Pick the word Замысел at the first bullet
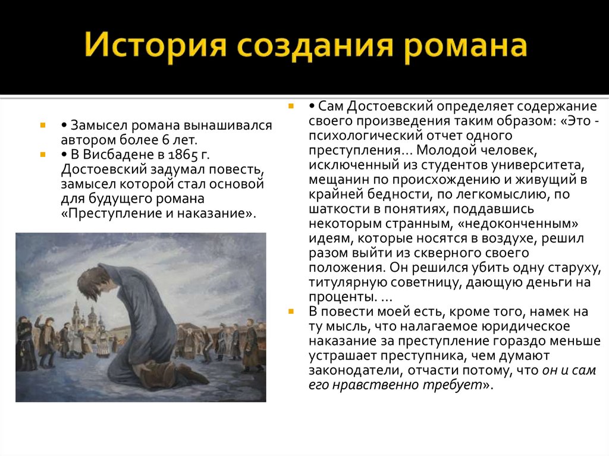click(x=99, y=125)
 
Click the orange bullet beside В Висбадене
click(x=43, y=154)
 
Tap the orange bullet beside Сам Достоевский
click(x=291, y=106)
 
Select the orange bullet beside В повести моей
click(x=291, y=311)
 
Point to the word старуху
click(x=575, y=268)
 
